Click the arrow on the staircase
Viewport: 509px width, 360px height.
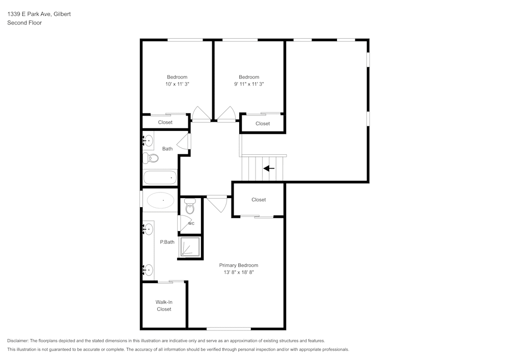click(x=269, y=169)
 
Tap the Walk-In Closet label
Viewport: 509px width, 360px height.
click(x=164, y=306)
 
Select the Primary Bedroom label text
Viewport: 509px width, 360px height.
click(x=238, y=265)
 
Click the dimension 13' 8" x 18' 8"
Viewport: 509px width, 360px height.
click(x=238, y=272)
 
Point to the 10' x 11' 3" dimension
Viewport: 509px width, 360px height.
click(x=177, y=84)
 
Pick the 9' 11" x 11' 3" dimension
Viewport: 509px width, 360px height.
click(x=249, y=84)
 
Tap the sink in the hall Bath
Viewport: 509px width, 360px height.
click(x=148, y=140)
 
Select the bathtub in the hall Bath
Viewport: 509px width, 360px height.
click(x=160, y=178)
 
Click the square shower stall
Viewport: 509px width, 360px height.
click(x=189, y=246)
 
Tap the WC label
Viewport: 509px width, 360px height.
click(x=191, y=224)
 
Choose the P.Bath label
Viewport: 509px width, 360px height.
click(x=167, y=242)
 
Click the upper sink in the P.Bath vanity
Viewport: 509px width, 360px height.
click(x=148, y=229)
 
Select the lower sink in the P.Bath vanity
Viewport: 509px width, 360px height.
click(x=148, y=269)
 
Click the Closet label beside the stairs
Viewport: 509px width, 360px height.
click(x=259, y=200)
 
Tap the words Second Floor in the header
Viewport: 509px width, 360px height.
click(x=24, y=23)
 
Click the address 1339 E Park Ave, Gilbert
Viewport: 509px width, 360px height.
click(x=39, y=14)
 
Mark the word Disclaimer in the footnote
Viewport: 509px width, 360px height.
click(x=18, y=341)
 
